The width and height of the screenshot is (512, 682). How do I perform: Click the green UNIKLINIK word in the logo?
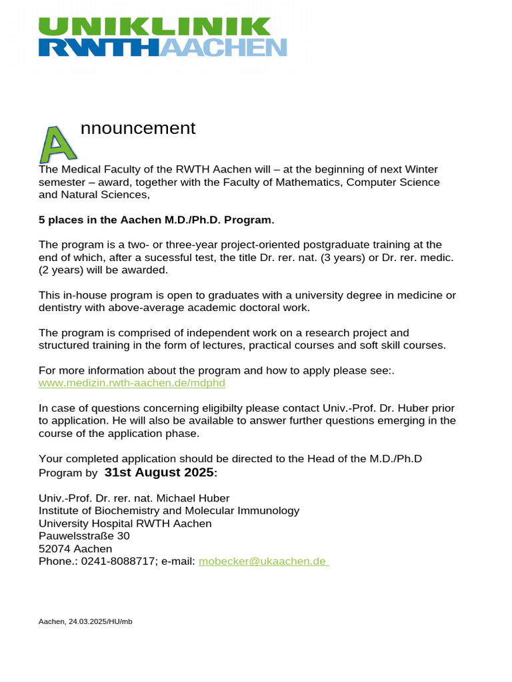[x=155, y=26]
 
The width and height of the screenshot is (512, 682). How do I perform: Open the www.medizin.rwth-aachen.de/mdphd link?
[x=127, y=383]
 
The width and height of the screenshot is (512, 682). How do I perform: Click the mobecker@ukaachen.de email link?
[x=263, y=561]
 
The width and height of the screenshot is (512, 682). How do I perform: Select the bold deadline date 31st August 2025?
[x=159, y=472]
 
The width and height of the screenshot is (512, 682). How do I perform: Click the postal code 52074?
[x=54, y=549]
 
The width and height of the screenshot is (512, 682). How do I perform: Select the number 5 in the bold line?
[x=42, y=220]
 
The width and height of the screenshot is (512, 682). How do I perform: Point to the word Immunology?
[x=268, y=511]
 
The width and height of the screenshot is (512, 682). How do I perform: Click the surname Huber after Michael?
[x=214, y=498]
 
